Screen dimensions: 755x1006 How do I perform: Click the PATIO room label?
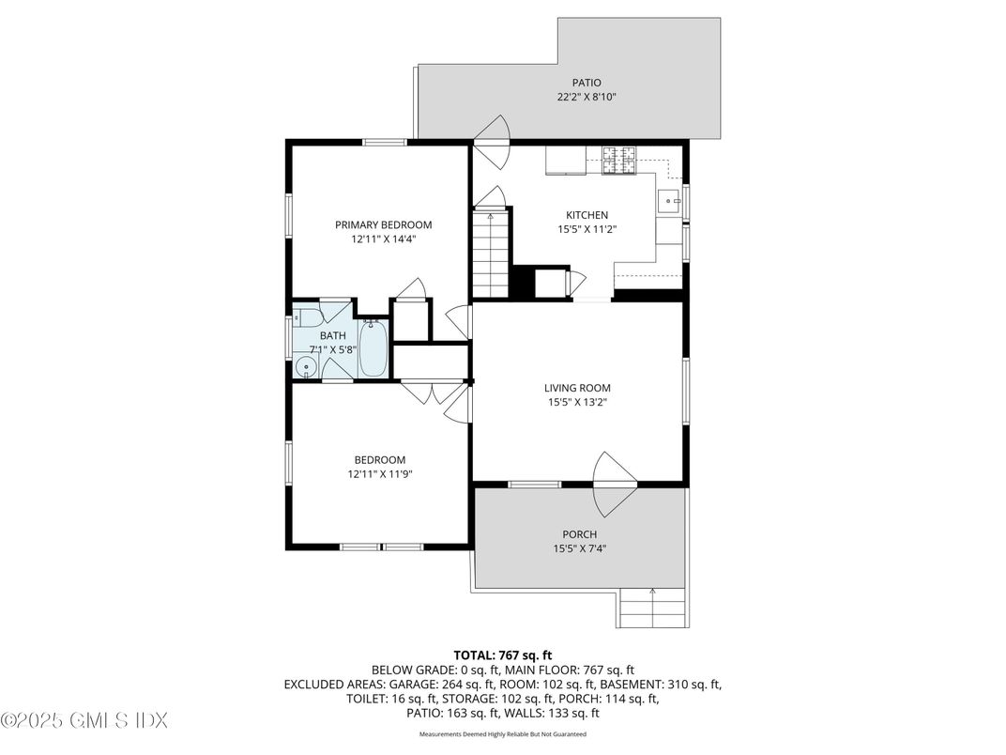pyautogui.click(x=587, y=83)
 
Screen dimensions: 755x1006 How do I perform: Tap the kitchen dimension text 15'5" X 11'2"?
pyautogui.click(x=587, y=229)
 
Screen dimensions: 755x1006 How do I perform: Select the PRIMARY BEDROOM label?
pyautogui.click(x=384, y=224)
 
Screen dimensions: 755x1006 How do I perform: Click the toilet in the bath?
pyautogui.click(x=306, y=318)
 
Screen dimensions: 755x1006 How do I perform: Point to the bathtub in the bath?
pyautogui.click(x=373, y=347)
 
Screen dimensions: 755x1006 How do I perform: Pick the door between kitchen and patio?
pyautogui.click(x=490, y=141)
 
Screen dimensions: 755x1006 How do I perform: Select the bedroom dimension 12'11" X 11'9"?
pyautogui.click(x=379, y=474)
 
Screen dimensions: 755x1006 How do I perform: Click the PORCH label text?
pyautogui.click(x=579, y=534)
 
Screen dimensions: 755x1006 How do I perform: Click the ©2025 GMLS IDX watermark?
pyautogui.click(x=84, y=721)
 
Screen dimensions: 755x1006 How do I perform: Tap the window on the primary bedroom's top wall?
pyautogui.click(x=385, y=143)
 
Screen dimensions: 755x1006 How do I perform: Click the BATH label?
pyautogui.click(x=332, y=335)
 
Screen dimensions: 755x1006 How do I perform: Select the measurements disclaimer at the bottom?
pyautogui.click(x=503, y=734)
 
